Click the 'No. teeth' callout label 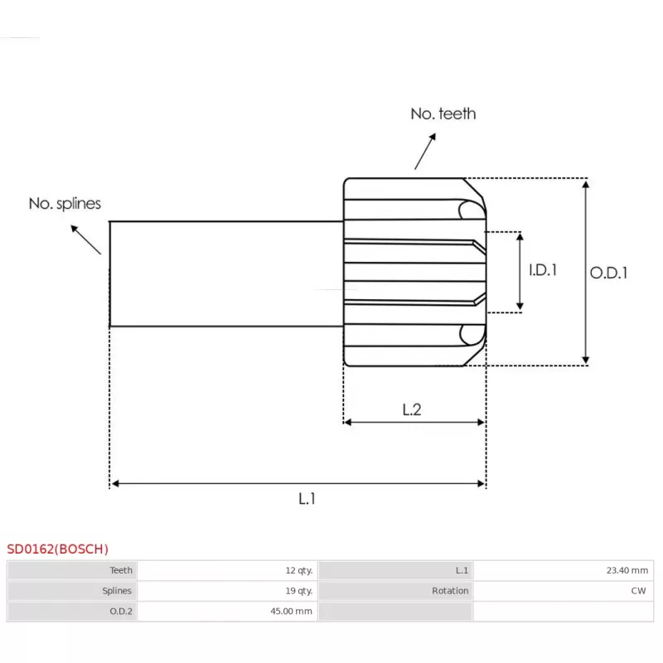[x=443, y=114]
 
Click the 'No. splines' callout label [x=65, y=203]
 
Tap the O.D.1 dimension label [x=608, y=273]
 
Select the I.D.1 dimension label [x=543, y=270]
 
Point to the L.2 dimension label [x=411, y=409]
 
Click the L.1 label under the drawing [x=307, y=499]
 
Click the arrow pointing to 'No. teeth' [x=425, y=152]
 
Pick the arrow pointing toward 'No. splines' [x=86, y=240]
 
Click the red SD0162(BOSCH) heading [x=57, y=549]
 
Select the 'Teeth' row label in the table [x=121, y=570]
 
